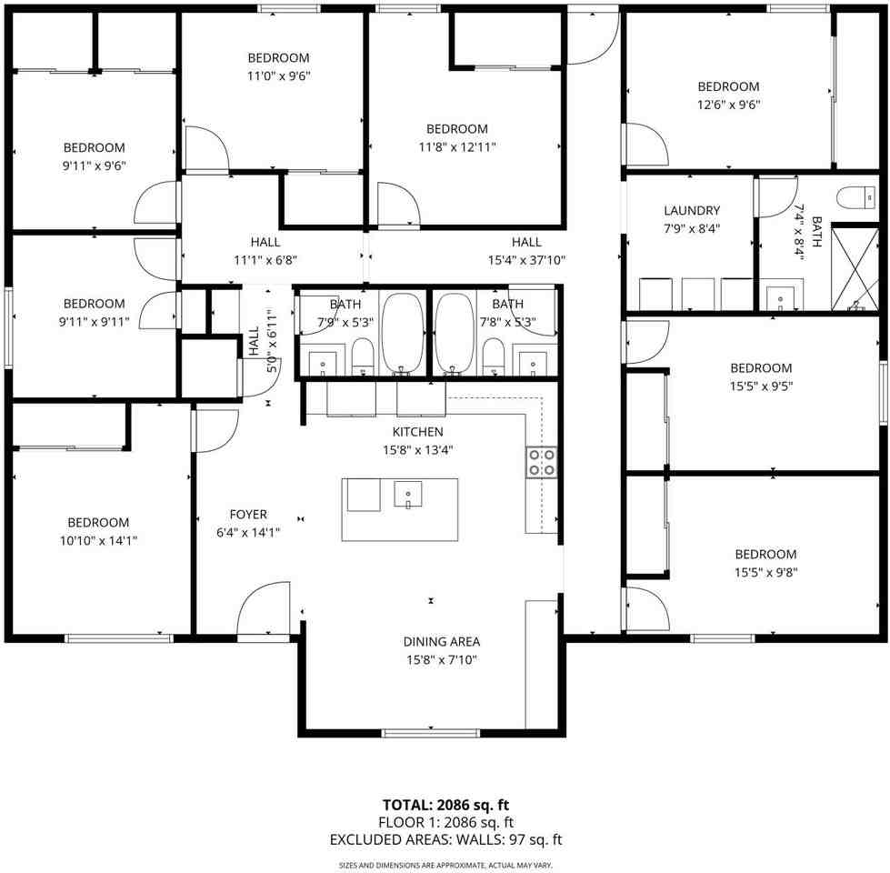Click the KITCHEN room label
coord(417,432)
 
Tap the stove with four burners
coord(542,462)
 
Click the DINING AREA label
coord(442,642)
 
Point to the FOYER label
coord(248,515)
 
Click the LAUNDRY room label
coord(692,211)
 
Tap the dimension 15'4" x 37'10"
coord(526,259)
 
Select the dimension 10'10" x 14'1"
coord(98,540)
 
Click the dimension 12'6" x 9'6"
coord(728,104)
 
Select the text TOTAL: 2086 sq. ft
coord(445,805)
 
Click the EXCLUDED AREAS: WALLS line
coord(445,839)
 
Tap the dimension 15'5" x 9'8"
coord(765,572)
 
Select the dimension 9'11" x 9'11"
coord(95,321)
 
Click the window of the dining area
coord(430,733)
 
